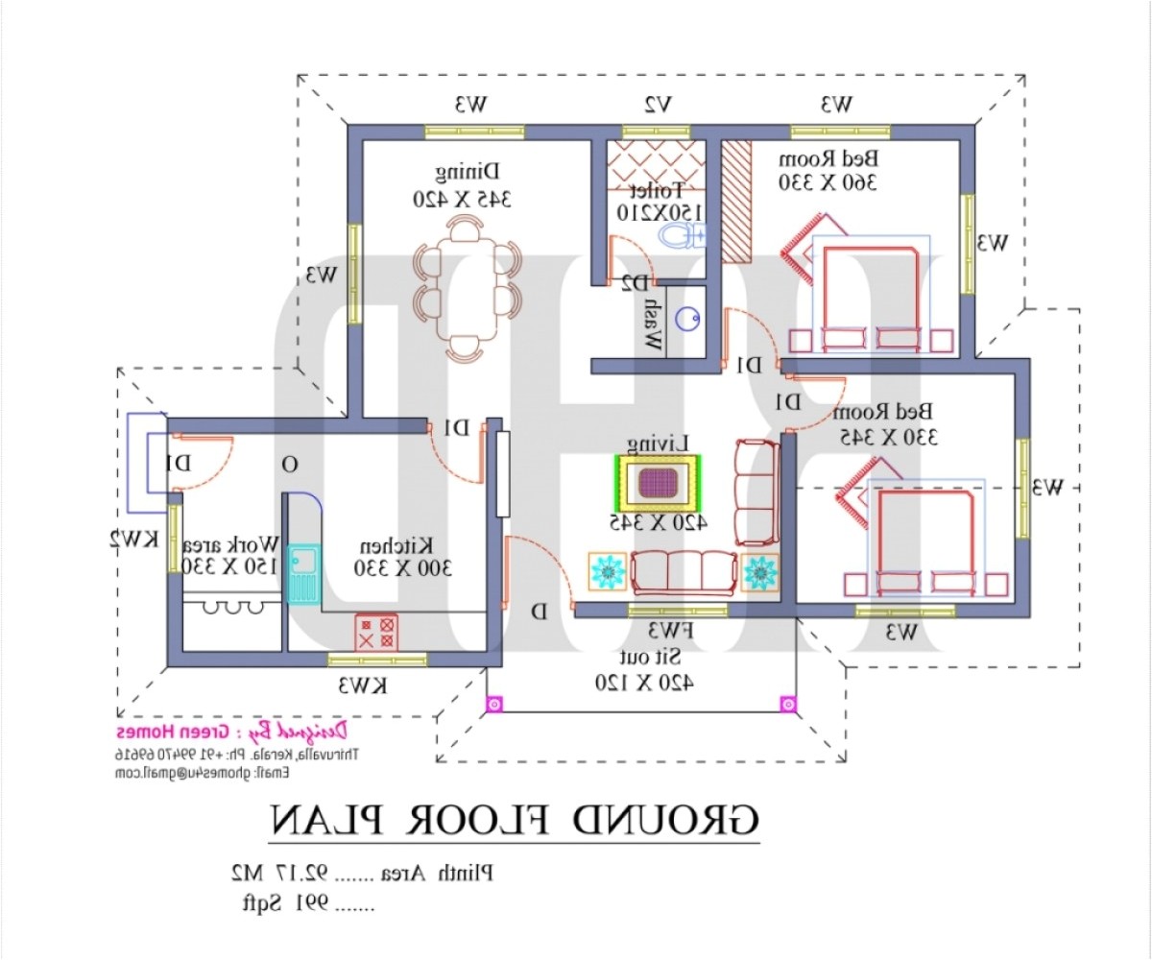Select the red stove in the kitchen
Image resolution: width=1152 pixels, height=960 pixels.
(x=376, y=634)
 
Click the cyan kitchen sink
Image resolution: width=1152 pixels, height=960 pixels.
(x=301, y=573)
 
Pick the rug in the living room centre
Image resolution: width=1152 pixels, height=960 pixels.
(x=659, y=483)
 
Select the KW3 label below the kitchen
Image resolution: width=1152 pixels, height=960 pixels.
(x=362, y=685)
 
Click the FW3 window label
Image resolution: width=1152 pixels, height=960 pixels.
(x=669, y=631)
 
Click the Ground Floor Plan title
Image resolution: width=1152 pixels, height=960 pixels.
(x=514, y=821)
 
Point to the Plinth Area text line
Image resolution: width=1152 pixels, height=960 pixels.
(x=360, y=874)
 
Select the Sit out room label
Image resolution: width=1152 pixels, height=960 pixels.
(x=642, y=669)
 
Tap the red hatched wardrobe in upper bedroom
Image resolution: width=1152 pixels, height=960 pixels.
(x=736, y=202)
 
